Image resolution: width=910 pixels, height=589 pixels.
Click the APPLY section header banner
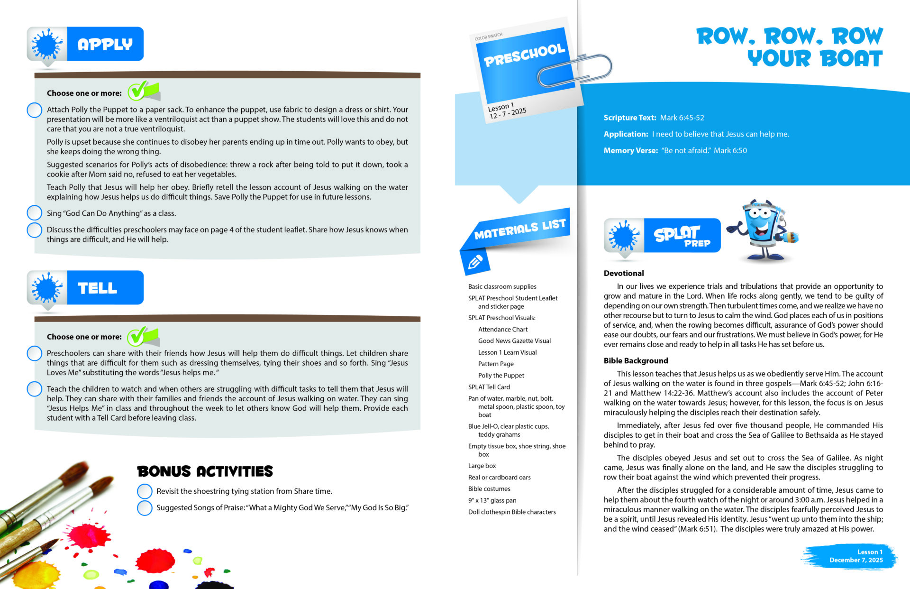(86, 44)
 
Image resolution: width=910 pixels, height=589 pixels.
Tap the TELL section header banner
(86, 288)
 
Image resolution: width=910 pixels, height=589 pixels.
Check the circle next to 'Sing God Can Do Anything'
(35, 213)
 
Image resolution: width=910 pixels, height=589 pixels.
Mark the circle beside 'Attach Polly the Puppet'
(35, 110)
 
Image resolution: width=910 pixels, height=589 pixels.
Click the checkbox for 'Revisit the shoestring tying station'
(145, 491)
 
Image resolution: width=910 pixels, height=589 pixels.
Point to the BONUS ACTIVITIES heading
(205, 471)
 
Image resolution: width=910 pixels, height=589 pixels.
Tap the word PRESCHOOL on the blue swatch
(524, 55)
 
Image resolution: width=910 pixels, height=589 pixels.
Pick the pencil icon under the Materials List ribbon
(475, 262)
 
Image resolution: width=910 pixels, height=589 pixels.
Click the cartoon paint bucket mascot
(762, 229)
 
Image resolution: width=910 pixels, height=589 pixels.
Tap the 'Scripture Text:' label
(629, 118)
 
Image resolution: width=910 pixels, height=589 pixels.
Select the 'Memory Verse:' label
(630, 150)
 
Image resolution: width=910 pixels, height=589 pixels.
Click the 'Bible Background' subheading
(636, 360)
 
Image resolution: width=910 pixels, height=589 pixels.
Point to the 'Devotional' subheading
(624, 273)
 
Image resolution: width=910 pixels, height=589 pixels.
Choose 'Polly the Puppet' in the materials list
(501, 375)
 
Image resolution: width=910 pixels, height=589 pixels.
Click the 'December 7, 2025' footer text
(856, 560)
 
